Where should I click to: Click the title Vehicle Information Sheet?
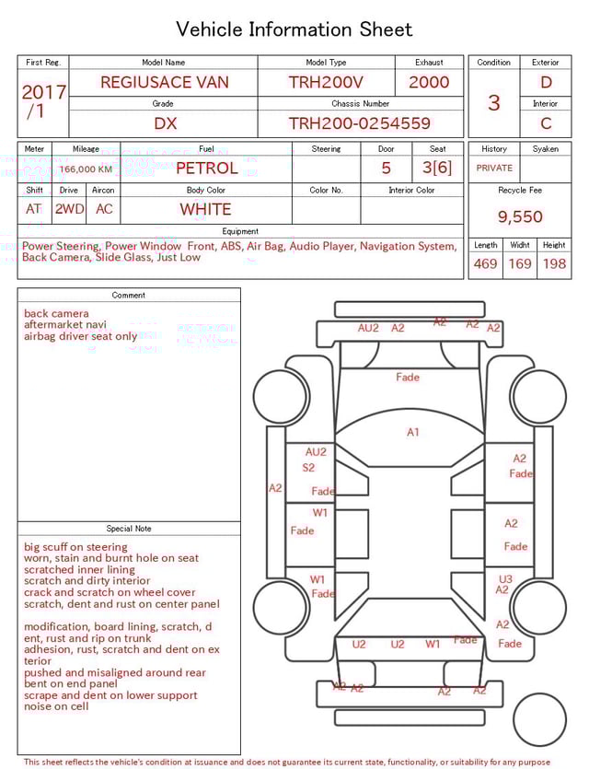click(294, 29)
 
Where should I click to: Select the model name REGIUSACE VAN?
click(164, 82)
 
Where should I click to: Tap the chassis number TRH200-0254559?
click(360, 123)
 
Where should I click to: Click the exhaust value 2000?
click(429, 82)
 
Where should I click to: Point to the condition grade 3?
click(493, 102)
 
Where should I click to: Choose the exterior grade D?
click(546, 82)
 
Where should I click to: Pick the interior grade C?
click(546, 123)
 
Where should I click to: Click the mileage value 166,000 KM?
click(86, 169)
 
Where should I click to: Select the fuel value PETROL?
click(206, 168)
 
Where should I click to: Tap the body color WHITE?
click(205, 209)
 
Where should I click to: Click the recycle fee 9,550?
click(520, 217)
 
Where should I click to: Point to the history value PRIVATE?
click(494, 169)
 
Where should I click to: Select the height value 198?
click(554, 264)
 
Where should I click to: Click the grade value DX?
click(165, 123)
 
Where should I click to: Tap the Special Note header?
click(129, 529)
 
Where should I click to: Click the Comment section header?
click(129, 296)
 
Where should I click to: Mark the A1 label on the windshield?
click(413, 432)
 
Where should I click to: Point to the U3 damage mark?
click(505, 579)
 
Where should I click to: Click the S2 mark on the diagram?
click(308, 468)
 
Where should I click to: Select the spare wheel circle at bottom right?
click(539, 719)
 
